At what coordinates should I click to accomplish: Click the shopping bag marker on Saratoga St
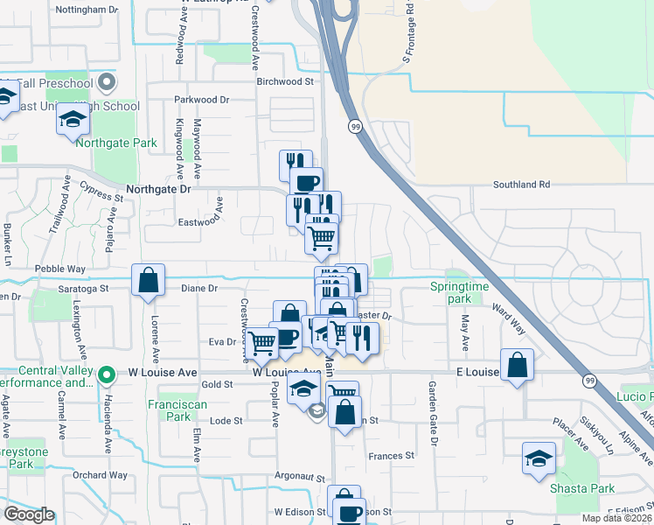[x=148, y=280]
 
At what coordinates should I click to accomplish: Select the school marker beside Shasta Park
[x=539, y=458]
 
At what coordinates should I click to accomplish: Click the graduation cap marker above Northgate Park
[x=73, y=122]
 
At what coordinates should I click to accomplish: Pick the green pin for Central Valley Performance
[x=107, y=375]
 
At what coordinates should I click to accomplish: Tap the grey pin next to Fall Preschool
[x=108, y=83]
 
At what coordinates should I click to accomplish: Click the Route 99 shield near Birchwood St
[x=356, y=127]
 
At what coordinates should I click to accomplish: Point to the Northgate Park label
[x=116, y=143]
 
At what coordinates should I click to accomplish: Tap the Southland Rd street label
[x=521, y=185]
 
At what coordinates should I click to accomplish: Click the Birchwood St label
[x=284, y=81]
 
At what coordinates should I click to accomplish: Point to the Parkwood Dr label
[x=201, y=100]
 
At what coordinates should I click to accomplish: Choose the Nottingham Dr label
[x=86, y=9]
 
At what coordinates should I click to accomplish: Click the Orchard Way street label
[x=101, y=475]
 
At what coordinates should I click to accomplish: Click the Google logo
[x=28, y=514]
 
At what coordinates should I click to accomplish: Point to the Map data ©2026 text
[x=616, y=518]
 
